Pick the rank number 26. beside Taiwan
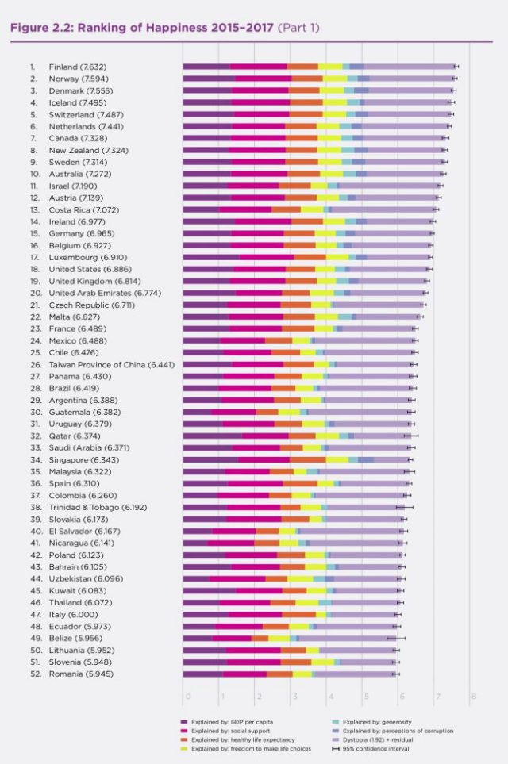click(x=35, y=364)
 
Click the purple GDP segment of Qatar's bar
click(x=212, y=436)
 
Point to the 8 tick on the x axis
click(x=473, y=697)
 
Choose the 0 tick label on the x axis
click(x=187, y=697)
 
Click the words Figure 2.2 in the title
click(x=40, y=27)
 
